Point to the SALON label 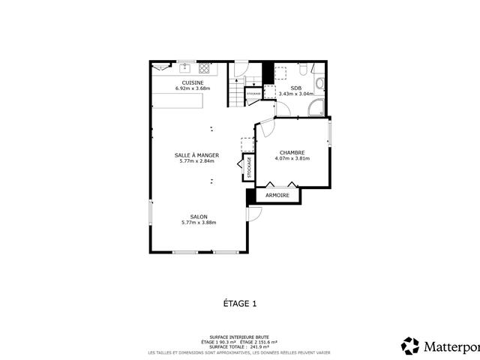199,217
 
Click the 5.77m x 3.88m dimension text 199,223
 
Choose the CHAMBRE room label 292,152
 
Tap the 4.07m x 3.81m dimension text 292,158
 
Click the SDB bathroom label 295,88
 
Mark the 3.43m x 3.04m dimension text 295,94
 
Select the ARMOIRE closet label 277,195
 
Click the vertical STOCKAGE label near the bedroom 249,167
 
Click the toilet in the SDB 301,70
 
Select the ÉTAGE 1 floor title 240,304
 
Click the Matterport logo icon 410,346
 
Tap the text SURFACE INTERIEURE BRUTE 240,337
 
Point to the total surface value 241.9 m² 259,346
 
